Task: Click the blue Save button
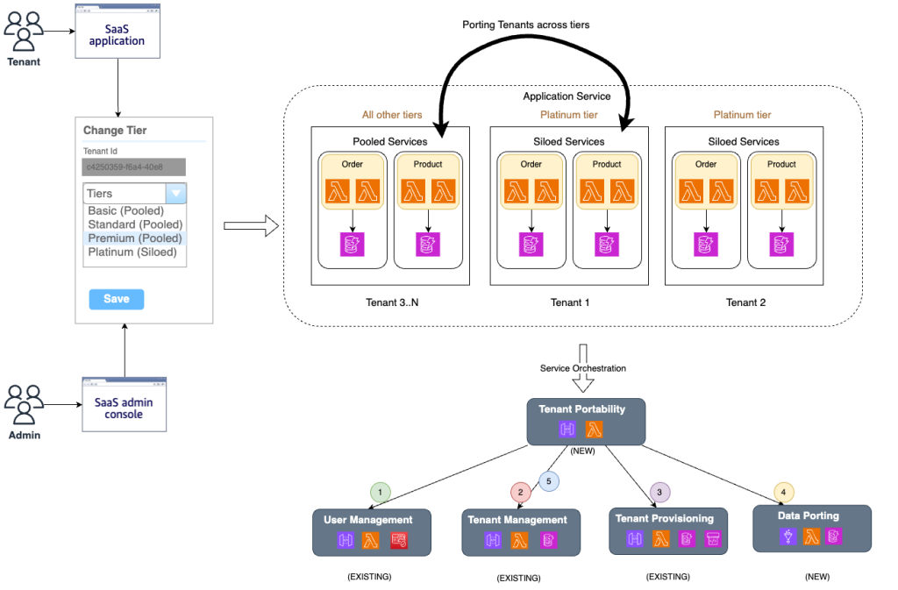116,299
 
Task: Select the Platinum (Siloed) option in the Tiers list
132,252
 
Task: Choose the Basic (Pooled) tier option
125,211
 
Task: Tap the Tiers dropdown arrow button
176,194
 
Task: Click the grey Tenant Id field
123,166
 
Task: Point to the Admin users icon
24,403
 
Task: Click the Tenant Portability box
587,422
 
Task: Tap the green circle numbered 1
379,493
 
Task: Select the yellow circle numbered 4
783,493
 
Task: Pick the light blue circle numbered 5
549,480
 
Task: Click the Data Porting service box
812,529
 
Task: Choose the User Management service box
374,532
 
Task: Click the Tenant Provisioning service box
668,531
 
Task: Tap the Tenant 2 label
746,302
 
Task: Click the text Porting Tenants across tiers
526,25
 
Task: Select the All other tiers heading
392,115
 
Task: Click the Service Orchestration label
583,368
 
